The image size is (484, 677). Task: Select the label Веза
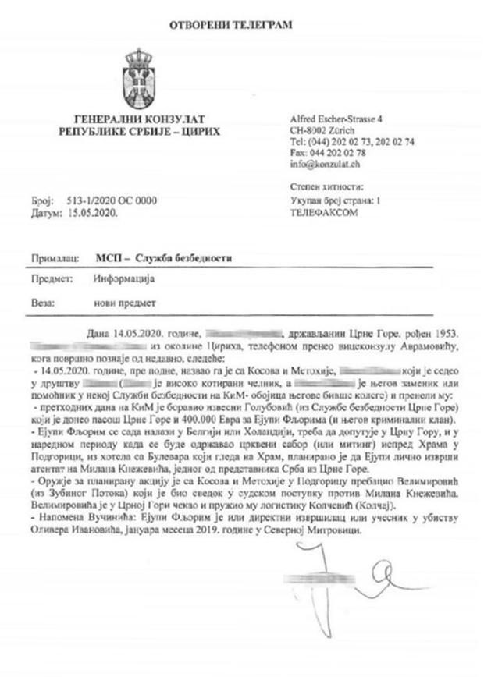[x=45, y=300]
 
